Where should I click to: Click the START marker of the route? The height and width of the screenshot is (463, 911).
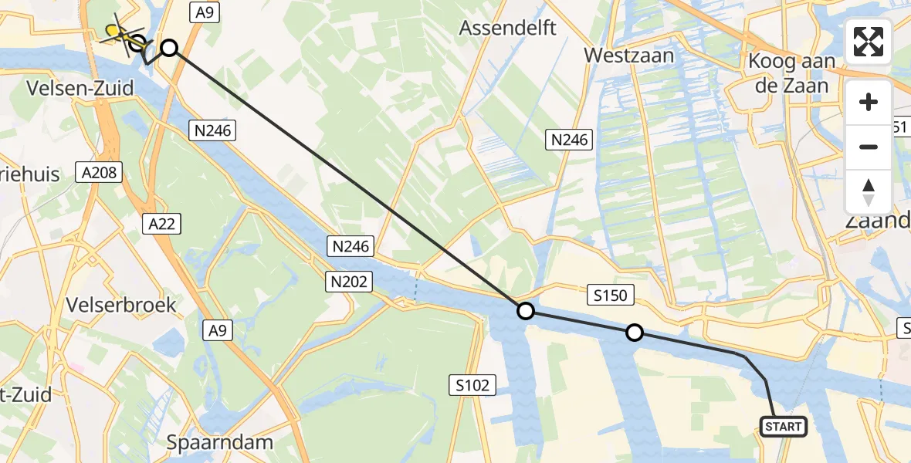[x=784, y=426]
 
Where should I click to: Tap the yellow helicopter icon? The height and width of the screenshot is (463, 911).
[x=116, y=32]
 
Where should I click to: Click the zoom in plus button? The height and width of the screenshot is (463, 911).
[x=869, y=102]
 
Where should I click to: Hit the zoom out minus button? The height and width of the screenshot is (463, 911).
[x=869, y=147]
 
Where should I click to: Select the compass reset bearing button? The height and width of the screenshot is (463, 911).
[x=869, y=191]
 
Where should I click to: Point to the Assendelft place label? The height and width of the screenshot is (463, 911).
[x=507, y=29]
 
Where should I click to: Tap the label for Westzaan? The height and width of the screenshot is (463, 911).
[x=628, y=56]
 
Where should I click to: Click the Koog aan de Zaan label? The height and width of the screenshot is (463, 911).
[x=793, y=73]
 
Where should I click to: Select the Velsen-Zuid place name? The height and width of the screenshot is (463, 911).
[x=80, y=89]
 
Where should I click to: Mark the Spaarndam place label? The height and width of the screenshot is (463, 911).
[x=219, y=443]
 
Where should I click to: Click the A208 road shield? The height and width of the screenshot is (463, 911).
[x=98, y=171]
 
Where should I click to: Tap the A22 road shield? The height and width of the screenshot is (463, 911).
[x=161, y=224]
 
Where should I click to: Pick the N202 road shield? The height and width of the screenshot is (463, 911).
[x=350, y=282]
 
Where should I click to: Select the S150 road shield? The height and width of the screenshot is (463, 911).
[x=610, y=294]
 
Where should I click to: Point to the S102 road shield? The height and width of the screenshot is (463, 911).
[x=472, y=385]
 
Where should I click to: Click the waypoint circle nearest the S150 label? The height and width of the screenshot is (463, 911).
[x=634, y=333]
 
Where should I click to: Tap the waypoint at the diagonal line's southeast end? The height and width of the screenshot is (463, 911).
[x=525, y=311]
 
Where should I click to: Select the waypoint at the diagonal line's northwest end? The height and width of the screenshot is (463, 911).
[x=169, y=49]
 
